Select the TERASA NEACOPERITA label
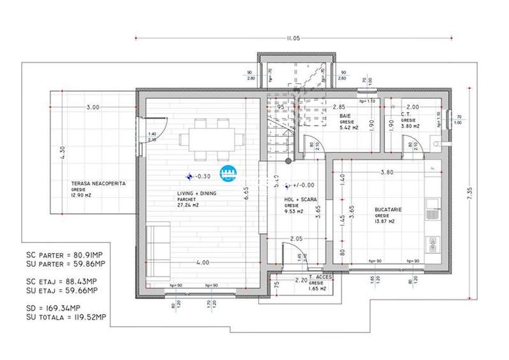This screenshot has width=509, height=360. point(98,183)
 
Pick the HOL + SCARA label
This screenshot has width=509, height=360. point(301,200)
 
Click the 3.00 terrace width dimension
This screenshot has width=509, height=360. point(93,107)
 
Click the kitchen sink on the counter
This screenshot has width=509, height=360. point(432,204)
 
